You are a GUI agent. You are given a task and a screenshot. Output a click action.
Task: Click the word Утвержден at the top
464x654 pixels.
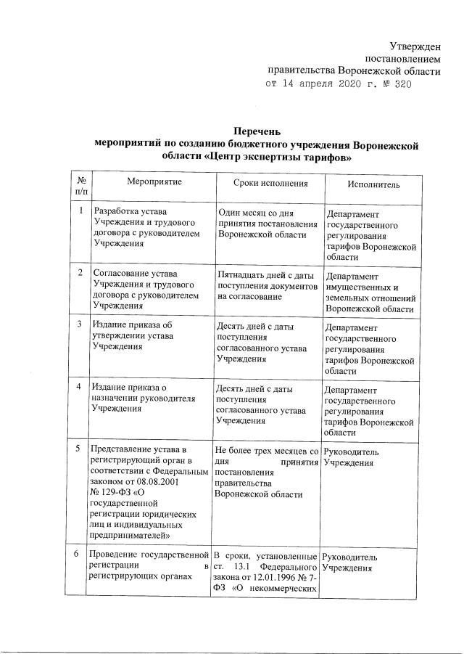(x=411, y=46)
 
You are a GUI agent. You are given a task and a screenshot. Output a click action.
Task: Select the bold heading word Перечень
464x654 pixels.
(x=257, y=133)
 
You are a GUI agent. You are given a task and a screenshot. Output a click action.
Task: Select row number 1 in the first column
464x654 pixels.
(x=80, y=211)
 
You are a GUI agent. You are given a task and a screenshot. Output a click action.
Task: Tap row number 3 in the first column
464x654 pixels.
(x=80, y=323)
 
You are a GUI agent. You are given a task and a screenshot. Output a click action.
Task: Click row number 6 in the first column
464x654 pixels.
(x=80, y=555)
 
